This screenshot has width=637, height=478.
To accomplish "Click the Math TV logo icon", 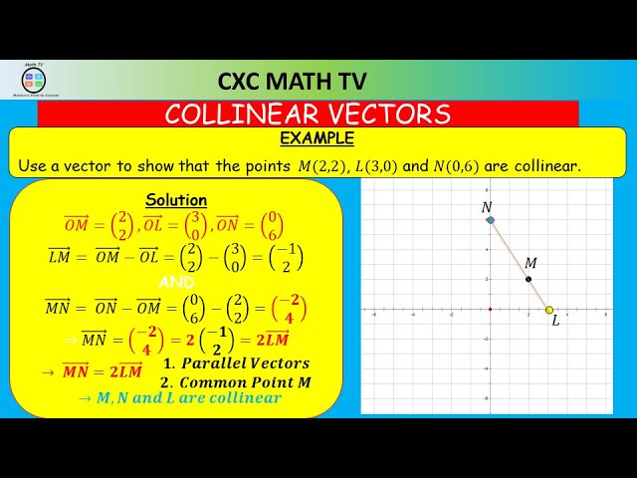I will point(34,81).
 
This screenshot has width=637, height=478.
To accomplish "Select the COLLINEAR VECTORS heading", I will point(308,114).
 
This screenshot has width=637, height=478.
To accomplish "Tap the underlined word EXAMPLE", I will point(317,138).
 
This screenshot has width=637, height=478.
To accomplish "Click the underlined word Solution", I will point(176,200).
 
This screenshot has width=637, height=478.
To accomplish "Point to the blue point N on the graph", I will point(490,220).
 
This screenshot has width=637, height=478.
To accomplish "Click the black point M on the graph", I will point(529,280).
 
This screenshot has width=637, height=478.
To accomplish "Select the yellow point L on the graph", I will point(548,310).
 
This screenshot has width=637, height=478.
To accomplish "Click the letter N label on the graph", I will point(487,207).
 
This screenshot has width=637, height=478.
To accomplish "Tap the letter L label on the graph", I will point(555,321).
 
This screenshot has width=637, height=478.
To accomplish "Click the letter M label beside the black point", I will point(531,263).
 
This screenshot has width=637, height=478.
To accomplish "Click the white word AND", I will point(176,283).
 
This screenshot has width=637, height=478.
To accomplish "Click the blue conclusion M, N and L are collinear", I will point(182,397).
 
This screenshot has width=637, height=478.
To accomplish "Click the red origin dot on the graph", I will point(490,309).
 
